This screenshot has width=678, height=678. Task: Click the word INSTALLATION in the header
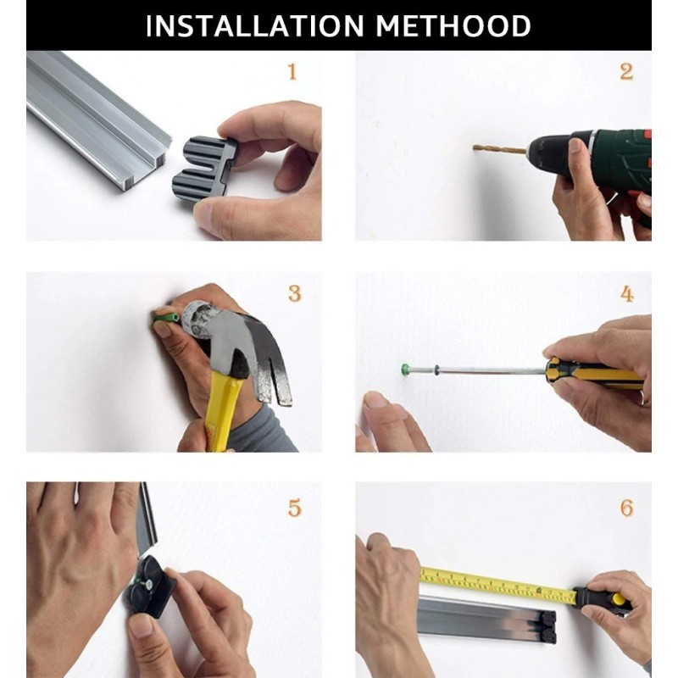pyautogui.click(x=255, y=26)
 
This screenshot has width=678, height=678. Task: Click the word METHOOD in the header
pyautogui.click(x=453, y=26)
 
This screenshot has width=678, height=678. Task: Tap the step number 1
pyautogui.click(x=292, y=72)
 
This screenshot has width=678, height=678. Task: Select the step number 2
pyautogui.click(x=626, y=72)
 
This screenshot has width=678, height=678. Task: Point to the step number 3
pyautogui.click(x=294, y=294)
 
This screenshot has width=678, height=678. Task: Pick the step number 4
pyautogui.click(x=627, y=294)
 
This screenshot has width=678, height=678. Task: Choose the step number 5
pyautogui.click(x=294, y=508)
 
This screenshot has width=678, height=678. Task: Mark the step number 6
pyautogui.click(x=627, y=508)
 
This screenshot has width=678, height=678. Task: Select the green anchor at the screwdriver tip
pyautogui.click(x=405, y=370)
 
